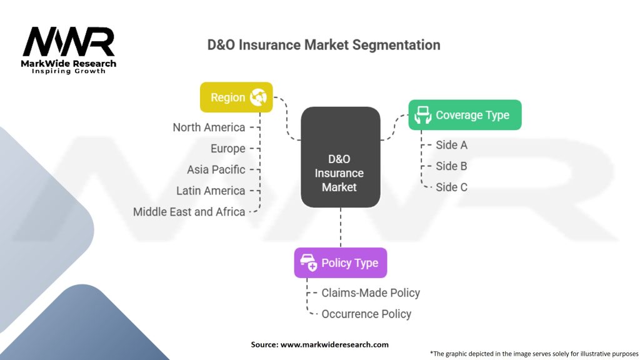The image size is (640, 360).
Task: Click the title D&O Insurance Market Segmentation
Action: click(x=324, y=45)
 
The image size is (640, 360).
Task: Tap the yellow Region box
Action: click(x=236, y=97)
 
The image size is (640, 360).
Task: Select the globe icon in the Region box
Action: click(x=258, y=97)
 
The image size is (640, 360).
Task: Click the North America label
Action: click(x=209, y=127)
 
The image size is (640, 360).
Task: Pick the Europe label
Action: click(x=227, y=149)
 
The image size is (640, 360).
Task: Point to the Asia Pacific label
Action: click(x=216, y=169)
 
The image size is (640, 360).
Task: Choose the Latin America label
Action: click(x=211, y=191)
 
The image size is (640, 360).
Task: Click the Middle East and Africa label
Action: click(x=189, y=212)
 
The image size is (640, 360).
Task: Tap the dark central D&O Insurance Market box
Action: click(x=340, y=157)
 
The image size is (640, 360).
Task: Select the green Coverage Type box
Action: click(x=464, y=115)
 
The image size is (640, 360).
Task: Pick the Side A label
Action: click(x=451, y=145)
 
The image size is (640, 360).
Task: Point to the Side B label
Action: click(x=451, y=166)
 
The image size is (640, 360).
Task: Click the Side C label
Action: click(x=451, y=187)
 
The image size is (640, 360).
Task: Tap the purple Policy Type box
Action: click(x=340, y=262)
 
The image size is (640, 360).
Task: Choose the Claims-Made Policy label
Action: click(x=371, y=292)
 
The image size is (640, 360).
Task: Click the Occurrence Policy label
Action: click(x=366, y=314)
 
